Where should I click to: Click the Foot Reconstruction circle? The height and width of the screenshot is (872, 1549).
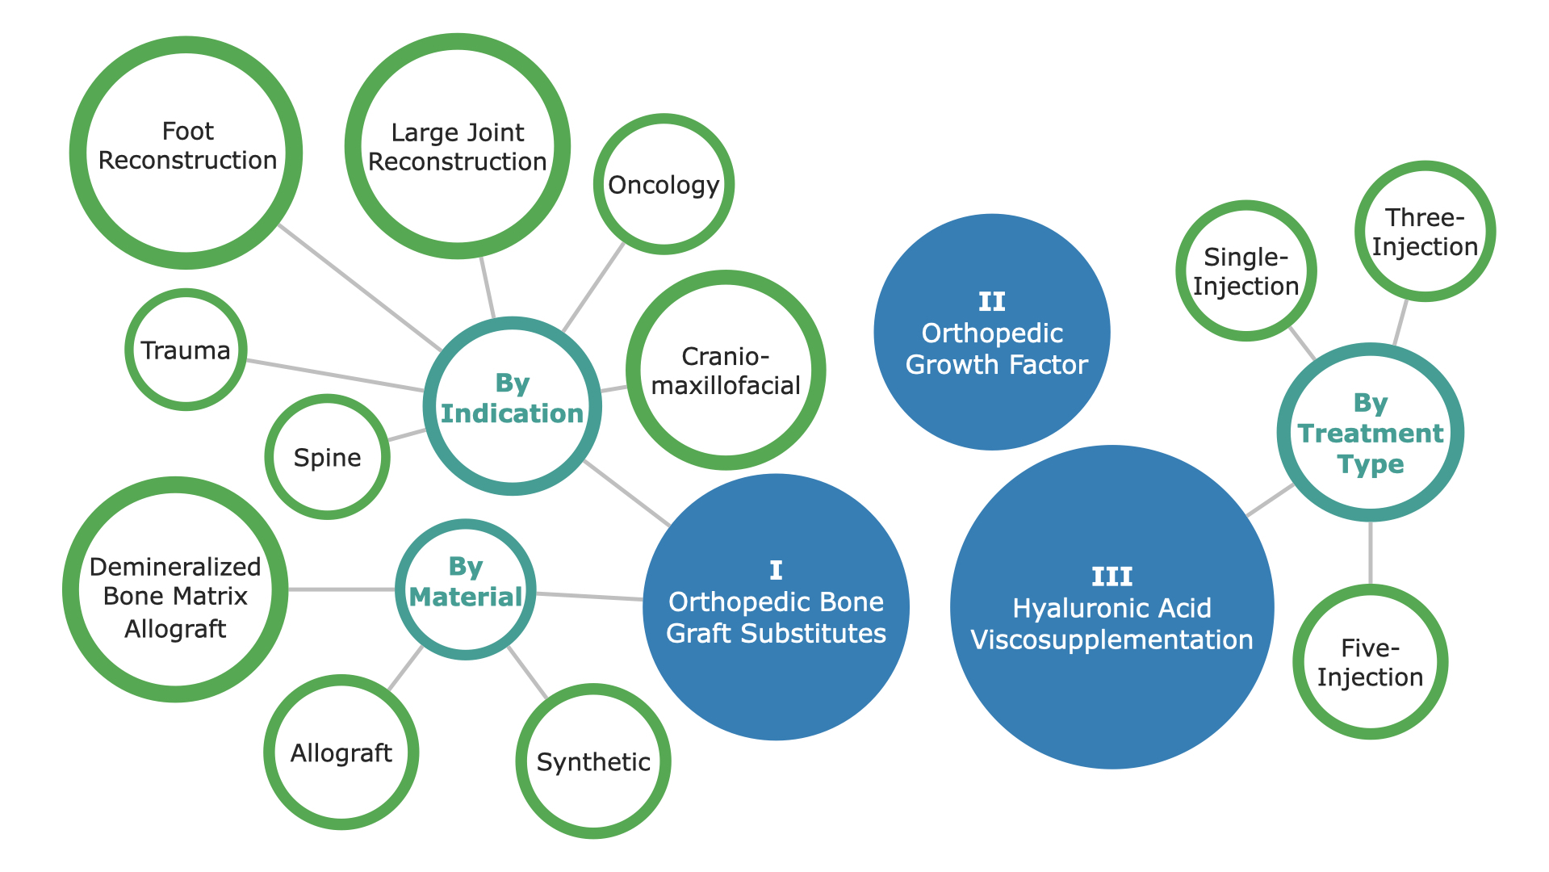pos(186,153)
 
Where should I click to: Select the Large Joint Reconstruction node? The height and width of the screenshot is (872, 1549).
pos(458,146)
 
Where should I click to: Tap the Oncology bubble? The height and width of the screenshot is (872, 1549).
pos(664,184)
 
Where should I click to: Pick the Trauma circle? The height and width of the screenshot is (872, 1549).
pos(186,350)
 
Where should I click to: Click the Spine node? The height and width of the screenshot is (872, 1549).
pos(328,457)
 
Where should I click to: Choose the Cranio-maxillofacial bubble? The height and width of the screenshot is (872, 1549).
pos(726,370)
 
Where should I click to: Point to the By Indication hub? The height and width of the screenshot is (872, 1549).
pos(513,406)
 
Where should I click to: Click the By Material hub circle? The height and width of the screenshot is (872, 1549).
pos(466,589)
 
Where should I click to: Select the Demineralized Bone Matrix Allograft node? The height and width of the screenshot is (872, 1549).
pos(175,589)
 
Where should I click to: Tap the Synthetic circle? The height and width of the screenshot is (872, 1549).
pos(593,761)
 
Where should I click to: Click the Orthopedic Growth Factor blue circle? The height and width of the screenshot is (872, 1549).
pos(992,332)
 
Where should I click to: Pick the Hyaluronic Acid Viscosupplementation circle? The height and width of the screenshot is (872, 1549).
pos(1112,607)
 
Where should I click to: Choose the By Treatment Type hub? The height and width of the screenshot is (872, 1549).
pos(1371,433)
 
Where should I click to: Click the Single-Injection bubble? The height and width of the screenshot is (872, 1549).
pos(1246,270)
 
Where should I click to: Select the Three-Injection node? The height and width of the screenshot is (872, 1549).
pos(1425,231)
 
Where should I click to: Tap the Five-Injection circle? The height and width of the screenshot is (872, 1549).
pos(1371,662)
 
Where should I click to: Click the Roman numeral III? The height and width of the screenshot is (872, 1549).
pos(1112,576)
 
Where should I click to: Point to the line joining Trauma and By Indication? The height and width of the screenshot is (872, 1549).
pos(335,375)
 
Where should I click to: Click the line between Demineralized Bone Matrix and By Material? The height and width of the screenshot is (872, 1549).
pos(342,589)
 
